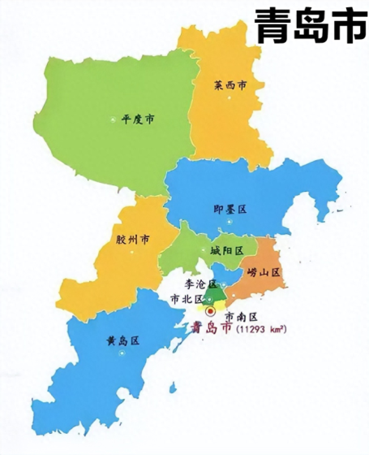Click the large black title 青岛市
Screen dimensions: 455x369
point(306,27)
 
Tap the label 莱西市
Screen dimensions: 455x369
point(230,84)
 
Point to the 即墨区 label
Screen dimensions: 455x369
point(230,209)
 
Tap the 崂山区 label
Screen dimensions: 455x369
point(264,272)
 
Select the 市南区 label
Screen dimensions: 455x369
point(240,316)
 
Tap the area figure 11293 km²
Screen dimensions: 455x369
point(261,329)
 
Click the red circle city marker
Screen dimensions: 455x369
point(212,310)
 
